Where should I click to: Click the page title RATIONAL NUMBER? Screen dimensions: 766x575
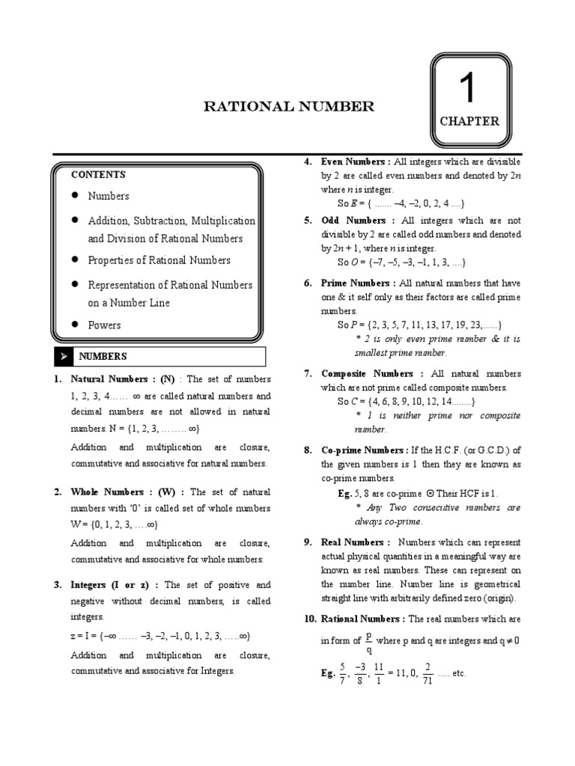click(289, 107)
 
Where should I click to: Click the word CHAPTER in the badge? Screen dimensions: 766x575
click(469, 122)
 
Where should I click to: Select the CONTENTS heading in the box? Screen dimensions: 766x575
click(98, 174)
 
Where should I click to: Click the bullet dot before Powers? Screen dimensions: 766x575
click(76, 325)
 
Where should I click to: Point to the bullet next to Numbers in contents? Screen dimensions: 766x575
click(76, 195)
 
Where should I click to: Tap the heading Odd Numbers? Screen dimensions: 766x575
click(353, 221)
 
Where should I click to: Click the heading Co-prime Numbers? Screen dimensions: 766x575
click(363, 450)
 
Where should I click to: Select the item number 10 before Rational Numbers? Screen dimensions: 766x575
click(310, 619)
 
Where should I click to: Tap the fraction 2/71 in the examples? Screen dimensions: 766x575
click(427, 672)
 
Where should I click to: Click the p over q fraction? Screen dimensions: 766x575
click(368, 642)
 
